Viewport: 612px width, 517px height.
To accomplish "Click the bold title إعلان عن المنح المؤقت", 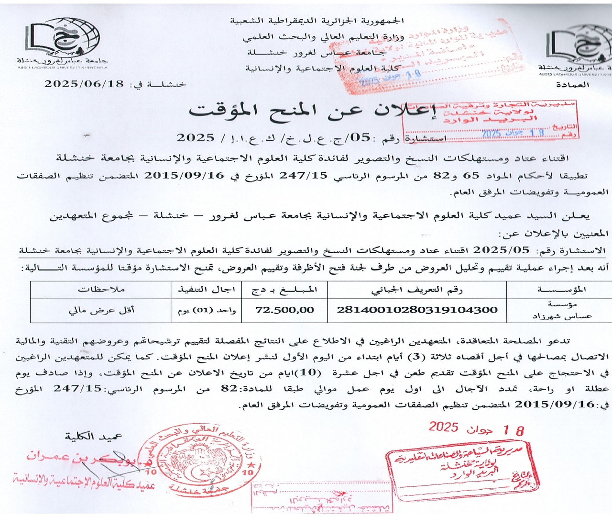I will click(313, 111).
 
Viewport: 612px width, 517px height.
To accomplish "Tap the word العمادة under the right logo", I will click(572, 85).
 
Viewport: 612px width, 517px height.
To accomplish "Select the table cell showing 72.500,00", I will click(285, 310).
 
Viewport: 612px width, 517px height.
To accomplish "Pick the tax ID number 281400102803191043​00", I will click(417, 310).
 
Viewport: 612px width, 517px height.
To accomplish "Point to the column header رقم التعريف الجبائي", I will click(417, 289).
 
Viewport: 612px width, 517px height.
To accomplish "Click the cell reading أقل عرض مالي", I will click(101, 310).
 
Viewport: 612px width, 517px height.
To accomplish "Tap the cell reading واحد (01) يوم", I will click(207, 310).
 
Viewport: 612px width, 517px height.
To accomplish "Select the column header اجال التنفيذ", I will click(207, 289).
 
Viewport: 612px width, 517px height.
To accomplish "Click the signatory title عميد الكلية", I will click(94, 436).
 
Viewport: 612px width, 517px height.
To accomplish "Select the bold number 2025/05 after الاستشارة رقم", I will click(501, 250).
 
